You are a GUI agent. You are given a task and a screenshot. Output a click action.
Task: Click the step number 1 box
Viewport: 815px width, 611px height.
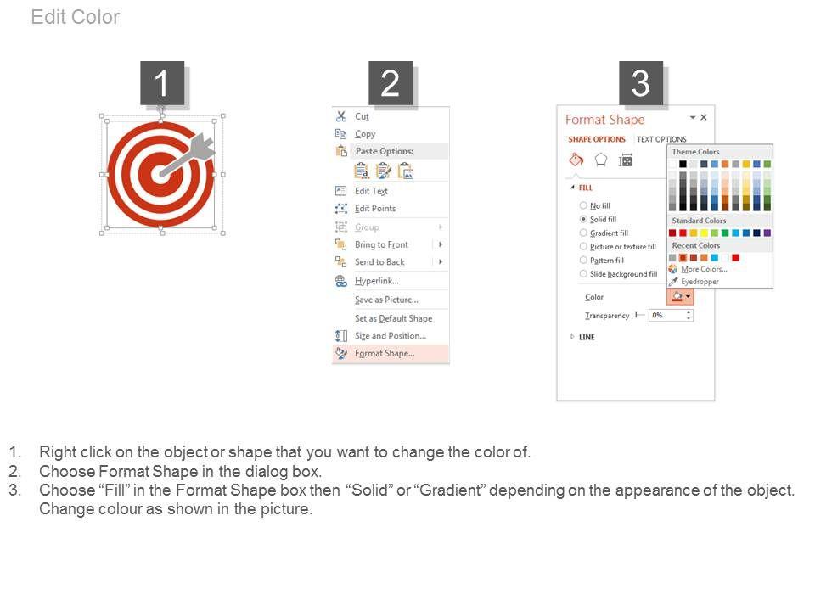click(x=162, y=83)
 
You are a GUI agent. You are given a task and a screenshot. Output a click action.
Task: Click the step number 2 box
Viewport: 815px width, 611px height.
click(x=391, y=83)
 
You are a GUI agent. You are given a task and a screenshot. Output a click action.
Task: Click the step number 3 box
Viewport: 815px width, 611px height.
click(x=641, y=83)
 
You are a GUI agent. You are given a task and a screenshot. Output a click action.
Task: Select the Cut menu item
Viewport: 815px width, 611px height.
click(x=362, y=116)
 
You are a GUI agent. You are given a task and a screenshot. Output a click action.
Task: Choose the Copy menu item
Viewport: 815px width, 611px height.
click(x=365, y=134)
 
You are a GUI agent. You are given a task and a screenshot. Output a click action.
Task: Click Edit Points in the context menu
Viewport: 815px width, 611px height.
click(x=375, y=209)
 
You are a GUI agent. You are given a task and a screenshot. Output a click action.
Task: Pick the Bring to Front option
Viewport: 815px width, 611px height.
click(x=381, y=244)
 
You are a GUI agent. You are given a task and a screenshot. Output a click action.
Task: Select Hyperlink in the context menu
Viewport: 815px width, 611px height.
click(x=377, y=281)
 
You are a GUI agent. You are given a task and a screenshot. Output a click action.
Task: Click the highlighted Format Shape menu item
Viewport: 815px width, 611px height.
click(x=385, y=353)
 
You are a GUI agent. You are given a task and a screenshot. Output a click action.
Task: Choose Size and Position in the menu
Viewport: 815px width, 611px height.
click(x=391, y=336)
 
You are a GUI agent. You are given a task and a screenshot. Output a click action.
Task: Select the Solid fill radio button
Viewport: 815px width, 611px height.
click(x=583, y=219)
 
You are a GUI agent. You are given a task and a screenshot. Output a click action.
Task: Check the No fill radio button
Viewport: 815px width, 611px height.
click(x=583, y=205)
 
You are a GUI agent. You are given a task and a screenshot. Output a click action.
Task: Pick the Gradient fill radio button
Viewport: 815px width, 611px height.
click(x=583, y=233)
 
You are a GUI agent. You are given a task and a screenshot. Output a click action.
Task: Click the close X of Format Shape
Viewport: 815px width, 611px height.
click(x=704, y=117)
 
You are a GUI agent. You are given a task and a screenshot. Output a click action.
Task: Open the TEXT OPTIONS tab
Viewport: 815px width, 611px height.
click(x=661, y=139)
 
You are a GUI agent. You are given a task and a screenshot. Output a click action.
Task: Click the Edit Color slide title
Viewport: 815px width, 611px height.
click(x=76, y=17)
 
